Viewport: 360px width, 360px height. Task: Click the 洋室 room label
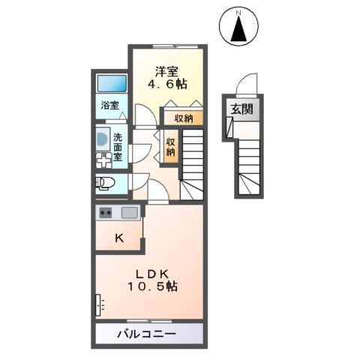(x=167, y=71)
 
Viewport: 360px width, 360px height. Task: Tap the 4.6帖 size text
(x=166, y=85)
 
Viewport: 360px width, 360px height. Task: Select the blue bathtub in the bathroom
(x=112, y=83)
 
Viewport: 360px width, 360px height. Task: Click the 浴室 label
(x=110, y=106)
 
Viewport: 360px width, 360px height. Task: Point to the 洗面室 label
(x=118, y=143)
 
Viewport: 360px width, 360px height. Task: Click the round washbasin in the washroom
(x=103, y=138)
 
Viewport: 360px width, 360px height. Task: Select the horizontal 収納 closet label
(x=184, y=118)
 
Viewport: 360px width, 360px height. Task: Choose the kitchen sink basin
(x=129, y=212)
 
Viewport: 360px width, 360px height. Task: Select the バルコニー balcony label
(x=147, y=333)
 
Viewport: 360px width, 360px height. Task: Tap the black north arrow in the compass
(x=238, y=31)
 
